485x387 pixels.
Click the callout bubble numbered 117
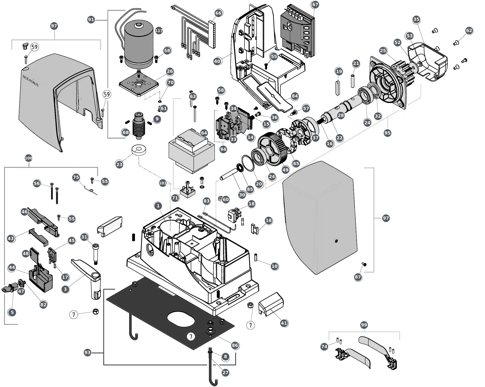click(159, 31)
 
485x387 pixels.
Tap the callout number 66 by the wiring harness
click(218, 13)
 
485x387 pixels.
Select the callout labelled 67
click(315, 4)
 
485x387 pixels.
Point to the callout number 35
click(416, 19)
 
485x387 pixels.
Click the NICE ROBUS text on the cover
click(30, 81)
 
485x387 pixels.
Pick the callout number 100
click(29, 158)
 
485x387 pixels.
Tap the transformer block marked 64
click(192, 150)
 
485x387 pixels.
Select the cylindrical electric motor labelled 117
click(139, 45)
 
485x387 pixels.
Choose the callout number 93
click(88, 352)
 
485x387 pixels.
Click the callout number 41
click(284, 323)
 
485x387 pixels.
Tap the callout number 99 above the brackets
click(364, 325)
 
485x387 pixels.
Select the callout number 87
click(358, 277)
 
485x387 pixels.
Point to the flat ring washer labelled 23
click(139, 150)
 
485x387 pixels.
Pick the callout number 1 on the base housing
click(158, 206)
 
